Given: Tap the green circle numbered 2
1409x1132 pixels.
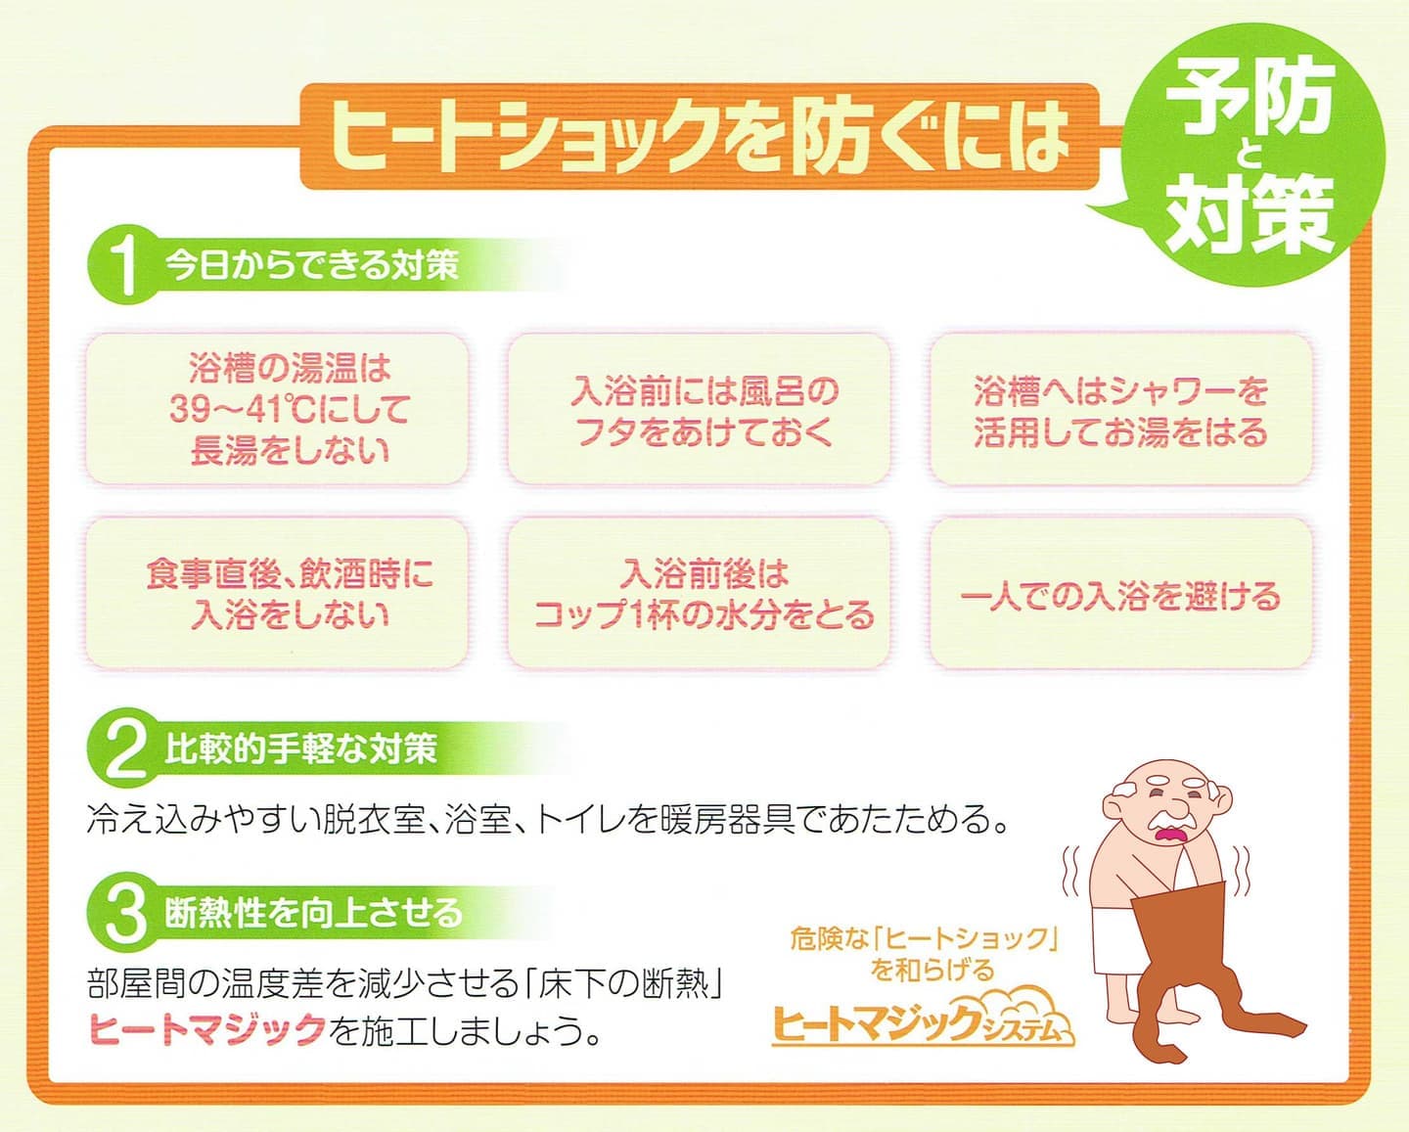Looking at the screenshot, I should (x=123, y=748).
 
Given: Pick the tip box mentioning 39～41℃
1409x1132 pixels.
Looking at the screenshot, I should (x=277, y=409).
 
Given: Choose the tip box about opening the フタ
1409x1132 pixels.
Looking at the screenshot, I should (x=700, y=409).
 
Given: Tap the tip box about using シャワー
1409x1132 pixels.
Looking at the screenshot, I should (x=1120, y=409).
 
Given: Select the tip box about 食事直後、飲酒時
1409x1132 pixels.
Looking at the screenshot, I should (x=277, y=594).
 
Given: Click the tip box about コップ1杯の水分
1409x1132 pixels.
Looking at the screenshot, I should (x=700, y=594).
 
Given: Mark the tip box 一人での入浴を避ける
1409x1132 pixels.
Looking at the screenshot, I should (x=1120, y=594).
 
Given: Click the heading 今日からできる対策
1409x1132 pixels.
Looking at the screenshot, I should (x=311, y=264).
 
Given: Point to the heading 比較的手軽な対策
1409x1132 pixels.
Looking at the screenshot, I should (x=300, y=749).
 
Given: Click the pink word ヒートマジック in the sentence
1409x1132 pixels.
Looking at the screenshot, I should (x=207, y=1028).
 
